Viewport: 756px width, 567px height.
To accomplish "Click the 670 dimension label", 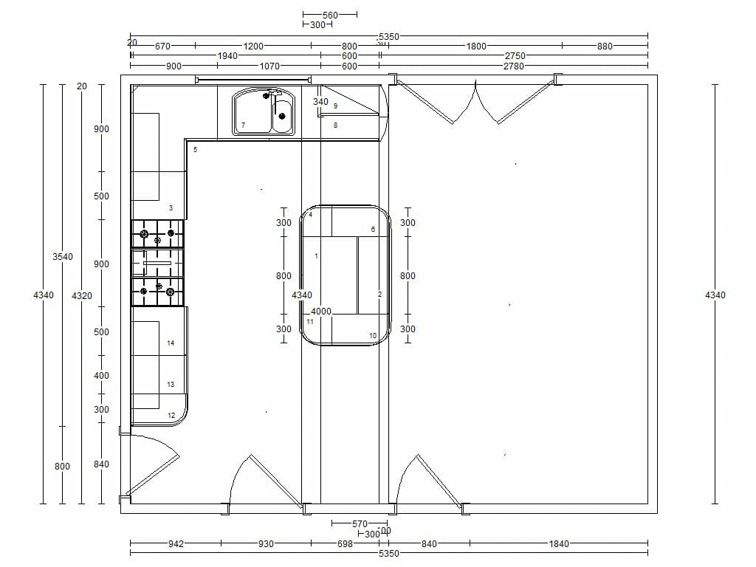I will (163, 46).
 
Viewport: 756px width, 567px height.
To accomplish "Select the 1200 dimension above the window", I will (253, 46).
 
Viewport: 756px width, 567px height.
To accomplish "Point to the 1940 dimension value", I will (227, 56).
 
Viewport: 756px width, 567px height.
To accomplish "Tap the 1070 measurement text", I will (269, 66).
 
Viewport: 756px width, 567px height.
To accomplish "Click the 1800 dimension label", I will (476, 46).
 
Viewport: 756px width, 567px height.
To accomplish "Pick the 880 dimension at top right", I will (605, 46).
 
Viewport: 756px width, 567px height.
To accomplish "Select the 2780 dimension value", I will (514, 66).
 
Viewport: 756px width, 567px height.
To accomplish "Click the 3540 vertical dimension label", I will (63, 257).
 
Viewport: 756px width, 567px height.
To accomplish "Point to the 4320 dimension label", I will (82, 295).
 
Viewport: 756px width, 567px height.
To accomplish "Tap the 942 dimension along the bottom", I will (176, 544).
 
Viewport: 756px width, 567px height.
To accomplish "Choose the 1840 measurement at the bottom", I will (559, 544).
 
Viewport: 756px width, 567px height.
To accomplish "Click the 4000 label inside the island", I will (321, 311).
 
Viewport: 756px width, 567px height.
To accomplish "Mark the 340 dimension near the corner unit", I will (320, 102).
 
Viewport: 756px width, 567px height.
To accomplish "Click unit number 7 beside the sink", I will (243, 126).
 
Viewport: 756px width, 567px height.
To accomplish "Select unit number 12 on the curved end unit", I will (171, 416).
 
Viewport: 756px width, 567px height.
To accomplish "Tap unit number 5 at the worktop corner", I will (196, 150).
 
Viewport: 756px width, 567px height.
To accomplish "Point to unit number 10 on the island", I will (373, 336).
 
